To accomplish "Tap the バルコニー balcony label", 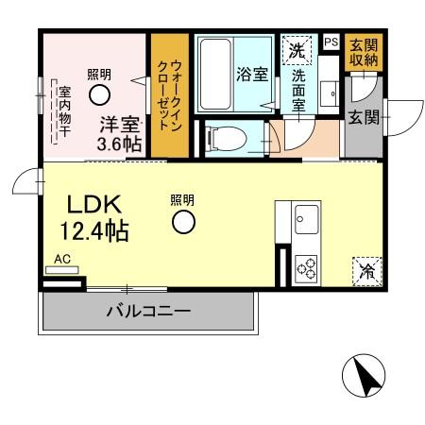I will pos(147,309).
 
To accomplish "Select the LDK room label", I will pos(87,206).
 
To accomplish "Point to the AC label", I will pos(62,258).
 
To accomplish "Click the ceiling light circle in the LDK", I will pos(183,222).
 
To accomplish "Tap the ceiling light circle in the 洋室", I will pos(99,93).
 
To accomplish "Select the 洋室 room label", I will pos(121,125).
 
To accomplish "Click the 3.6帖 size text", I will pos(120,144).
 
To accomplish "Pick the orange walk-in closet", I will pos(170,95).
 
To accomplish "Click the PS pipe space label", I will pos(330,42).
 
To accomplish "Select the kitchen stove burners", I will pos(307,268).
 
